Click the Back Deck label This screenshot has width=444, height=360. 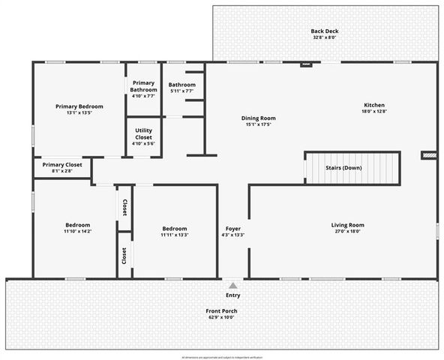pyautogui.click(x=325, y=31)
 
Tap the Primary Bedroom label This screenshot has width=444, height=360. pyautogui.click(x=79, y=106)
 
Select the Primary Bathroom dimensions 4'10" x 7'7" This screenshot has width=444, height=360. pyautogui.click(x=143, y=96)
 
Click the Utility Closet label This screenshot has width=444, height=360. pyautogui.click(x=143, y=135)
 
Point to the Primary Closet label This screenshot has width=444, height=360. pyautogui.click(x=63, y=165)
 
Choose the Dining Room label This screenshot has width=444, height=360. pyautogui.click(x=259, y=118)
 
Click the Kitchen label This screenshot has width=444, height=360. pyautogui.click(x=375, y=105)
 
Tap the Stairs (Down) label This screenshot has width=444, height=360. pyautogui.click(x=343, y=167)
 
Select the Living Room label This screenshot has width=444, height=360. pyautogui.click(x=347, y=225)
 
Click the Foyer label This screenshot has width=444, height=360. pyautogui.click(x=233, y=228)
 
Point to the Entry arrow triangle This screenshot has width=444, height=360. pyautogui.click(x=233, y=286)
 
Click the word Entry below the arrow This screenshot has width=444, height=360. pyautogui.click(x=233, y=295)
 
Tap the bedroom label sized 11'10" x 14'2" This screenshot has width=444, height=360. pyautogui.click(x=77, y=225)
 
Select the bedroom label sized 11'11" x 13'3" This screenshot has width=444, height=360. pyautogui.click(x=175, y=228)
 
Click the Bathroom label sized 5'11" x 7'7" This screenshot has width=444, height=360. pyautogui.click(x=182, y=85)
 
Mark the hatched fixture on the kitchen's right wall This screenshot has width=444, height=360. pyautogui.click(x=429, y=155)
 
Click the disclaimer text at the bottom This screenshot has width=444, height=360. pyautogui.click(x=221, y=357)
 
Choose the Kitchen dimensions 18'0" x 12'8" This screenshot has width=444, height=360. pyautogui.click(x=375, y=112)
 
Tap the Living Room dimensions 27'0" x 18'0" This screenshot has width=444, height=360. pyautogui.click(x=347, y=232)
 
